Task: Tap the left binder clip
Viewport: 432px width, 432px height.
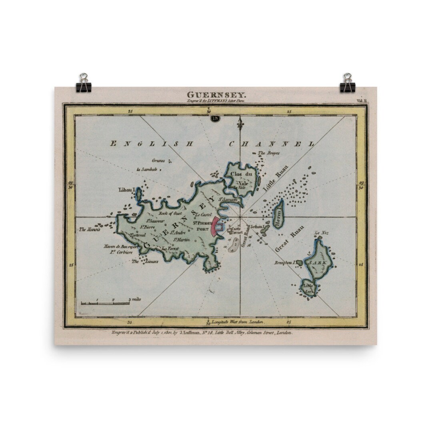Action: click(84, 83)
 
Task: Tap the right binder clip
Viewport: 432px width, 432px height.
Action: click(347, 83)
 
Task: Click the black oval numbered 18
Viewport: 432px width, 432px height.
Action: click(215, 118)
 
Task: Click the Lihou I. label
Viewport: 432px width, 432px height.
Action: click(126, 189)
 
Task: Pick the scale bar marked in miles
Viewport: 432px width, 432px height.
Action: click(105, 302)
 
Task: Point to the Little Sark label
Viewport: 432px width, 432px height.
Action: click(309, 288)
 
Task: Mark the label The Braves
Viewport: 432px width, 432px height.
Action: click(268, 153)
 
